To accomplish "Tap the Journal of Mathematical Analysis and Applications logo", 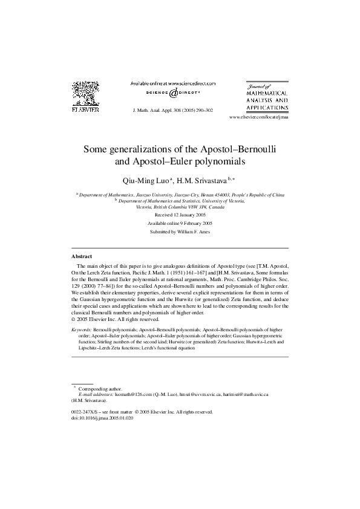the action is tap(267, 97).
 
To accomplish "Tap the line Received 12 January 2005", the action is tap(180, 215).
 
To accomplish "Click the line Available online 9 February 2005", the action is tap(180, 224).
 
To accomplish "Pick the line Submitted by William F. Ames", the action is tap(180, 232).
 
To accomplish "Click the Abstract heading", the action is tap(82, 256).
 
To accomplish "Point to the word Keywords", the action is tap(82, 329).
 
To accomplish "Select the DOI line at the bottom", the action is tap(102, 417).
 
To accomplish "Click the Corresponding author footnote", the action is tap(100, 388).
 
